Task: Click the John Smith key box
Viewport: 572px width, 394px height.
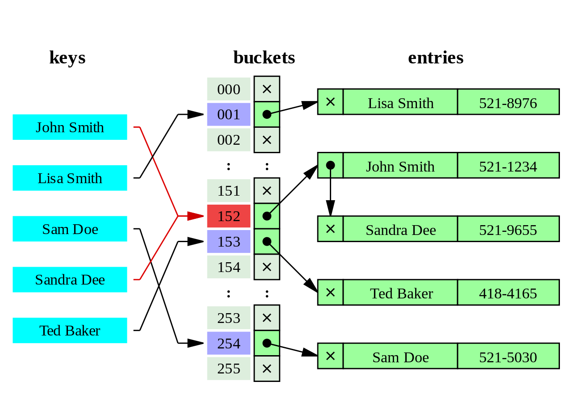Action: coord(70,127)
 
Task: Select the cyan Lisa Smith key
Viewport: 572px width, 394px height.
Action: coord(70,178)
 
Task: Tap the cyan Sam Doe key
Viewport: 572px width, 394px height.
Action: coord(70,229)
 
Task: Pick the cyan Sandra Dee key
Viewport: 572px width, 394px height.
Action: coord(70,280)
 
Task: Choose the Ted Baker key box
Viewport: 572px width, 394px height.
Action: coord(70,331)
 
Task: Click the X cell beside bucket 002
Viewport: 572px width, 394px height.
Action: coord(267,140)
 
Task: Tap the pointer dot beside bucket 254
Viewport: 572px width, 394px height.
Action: coord(267,344)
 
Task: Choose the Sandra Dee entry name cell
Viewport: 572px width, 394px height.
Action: coord(400,229)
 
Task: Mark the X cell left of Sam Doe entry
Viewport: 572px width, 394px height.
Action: coord(330,356)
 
